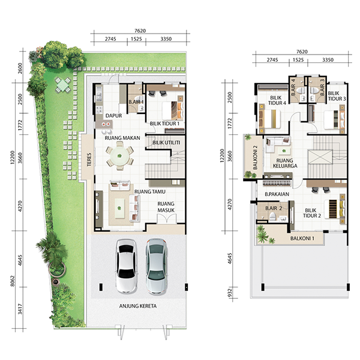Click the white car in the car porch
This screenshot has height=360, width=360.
tap(127, 266)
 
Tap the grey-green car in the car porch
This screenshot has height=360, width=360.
tap(157, 266)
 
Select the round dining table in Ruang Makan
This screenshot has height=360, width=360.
tap(119, 155)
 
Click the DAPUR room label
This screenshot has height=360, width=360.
tap(113, 116)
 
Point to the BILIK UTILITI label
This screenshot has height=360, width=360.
tap(166, 143)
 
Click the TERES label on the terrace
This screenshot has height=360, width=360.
tap(89, 160)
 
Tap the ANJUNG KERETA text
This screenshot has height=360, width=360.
tap(138, 306)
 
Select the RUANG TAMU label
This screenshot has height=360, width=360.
tap(149, 192)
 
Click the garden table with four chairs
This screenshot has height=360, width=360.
tap(62, 85)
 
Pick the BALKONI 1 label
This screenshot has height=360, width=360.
tap(302, 239)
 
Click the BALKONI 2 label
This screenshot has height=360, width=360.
tap(256, 157)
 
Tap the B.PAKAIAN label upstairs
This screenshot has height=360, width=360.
tap(277, 194)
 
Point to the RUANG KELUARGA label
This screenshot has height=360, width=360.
tap(285, 163)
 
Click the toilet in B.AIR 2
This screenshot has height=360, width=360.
tap(272, 216)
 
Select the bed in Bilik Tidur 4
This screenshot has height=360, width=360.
tap(270, 119)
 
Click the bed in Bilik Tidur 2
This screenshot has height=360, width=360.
tap(335, 209)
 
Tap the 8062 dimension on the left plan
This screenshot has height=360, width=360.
tap(13, 281)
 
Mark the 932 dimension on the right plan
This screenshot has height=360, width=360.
tap(230, 293)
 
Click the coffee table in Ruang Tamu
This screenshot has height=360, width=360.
tap(119, 208)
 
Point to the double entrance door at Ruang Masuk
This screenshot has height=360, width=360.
tap(167, 218)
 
